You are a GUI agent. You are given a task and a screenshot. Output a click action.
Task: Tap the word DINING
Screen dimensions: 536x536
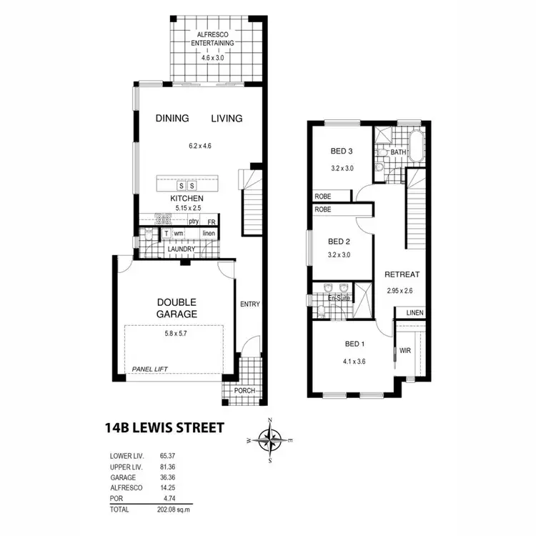(172, 119)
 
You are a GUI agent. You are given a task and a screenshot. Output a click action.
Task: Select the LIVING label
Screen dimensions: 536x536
(227, 119)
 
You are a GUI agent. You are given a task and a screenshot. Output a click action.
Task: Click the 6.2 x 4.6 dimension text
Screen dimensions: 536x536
(200, 147)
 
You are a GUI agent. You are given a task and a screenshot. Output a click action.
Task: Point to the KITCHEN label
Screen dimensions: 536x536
(187, 198)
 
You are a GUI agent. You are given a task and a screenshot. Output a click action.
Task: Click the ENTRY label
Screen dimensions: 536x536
(249, 304)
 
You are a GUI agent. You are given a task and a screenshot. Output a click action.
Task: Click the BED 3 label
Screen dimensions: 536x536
(342, 151)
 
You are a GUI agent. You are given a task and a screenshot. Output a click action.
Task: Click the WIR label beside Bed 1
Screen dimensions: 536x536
(405, 351)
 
